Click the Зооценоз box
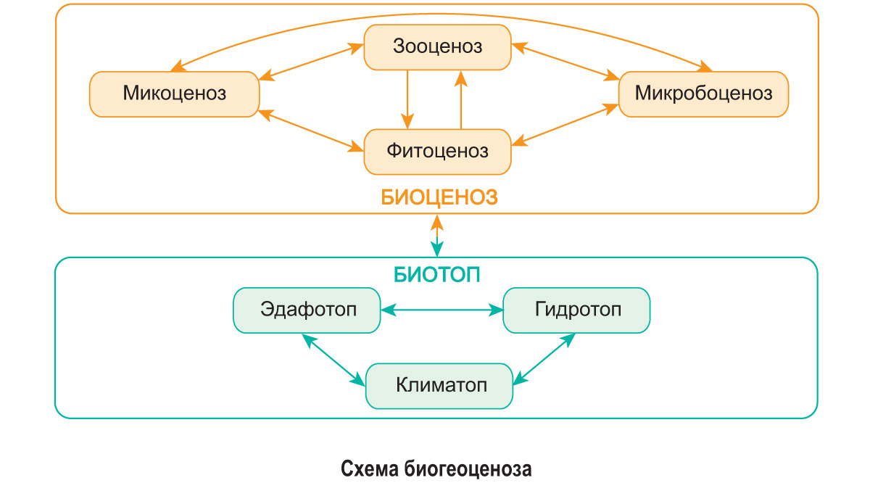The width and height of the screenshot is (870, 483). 437,47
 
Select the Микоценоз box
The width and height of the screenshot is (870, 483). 174,94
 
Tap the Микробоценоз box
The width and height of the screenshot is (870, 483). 703,94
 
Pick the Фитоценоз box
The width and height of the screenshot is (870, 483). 437,152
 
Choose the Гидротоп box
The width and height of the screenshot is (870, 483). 577,310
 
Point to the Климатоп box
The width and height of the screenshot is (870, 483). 440,384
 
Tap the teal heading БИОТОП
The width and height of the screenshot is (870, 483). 437,275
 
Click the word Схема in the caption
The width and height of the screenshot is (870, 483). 370,468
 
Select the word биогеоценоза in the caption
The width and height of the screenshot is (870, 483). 468,468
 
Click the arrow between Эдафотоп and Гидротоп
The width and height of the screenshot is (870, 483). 442,310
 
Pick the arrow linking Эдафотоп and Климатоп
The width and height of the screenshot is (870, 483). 333,359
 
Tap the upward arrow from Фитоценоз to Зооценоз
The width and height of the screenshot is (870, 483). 460,99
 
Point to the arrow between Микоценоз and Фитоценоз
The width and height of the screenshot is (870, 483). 312,131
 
